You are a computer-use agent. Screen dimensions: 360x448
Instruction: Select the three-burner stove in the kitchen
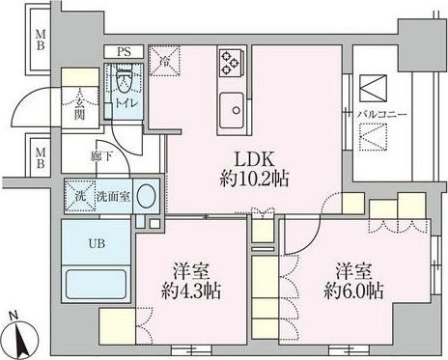coord(231,62)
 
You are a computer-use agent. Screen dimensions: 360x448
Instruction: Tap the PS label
coord(124,52)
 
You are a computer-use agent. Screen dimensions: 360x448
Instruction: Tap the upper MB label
coord(41,42)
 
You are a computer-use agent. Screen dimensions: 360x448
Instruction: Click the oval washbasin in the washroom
coord(145,196)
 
